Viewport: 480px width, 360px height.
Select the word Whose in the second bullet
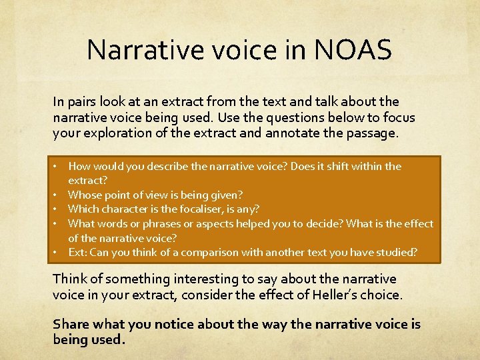(83, 195)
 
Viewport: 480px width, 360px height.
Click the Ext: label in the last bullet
(78, 252)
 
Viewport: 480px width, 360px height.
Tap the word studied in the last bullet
(397, 252)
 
